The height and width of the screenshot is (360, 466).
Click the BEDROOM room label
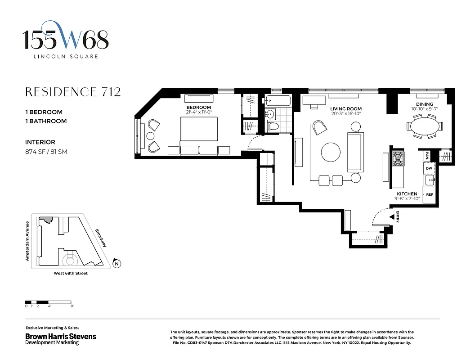198,108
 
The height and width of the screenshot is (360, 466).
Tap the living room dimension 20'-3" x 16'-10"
346,114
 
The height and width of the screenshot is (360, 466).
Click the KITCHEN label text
407,194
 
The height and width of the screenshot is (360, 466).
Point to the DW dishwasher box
429,168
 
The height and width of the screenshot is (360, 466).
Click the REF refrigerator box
429,195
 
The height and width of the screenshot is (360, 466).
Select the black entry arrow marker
392,217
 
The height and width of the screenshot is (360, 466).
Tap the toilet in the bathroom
272,126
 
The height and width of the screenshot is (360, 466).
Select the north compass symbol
117,264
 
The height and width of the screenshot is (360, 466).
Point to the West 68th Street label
71,274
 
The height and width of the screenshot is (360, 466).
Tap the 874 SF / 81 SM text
46,152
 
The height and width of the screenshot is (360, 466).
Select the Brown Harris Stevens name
60,336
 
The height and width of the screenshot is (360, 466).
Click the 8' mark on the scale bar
72,306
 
